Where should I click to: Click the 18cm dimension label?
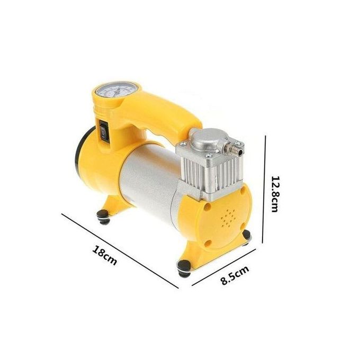pyautogui.click(x=105, y=255)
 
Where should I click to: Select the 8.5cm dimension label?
pyautogui.click(x=235, y=275)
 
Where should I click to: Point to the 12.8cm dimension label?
pyautogui.click(x=275, y=194)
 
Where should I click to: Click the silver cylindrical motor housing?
pyautogui.click(x=149, y=182)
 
